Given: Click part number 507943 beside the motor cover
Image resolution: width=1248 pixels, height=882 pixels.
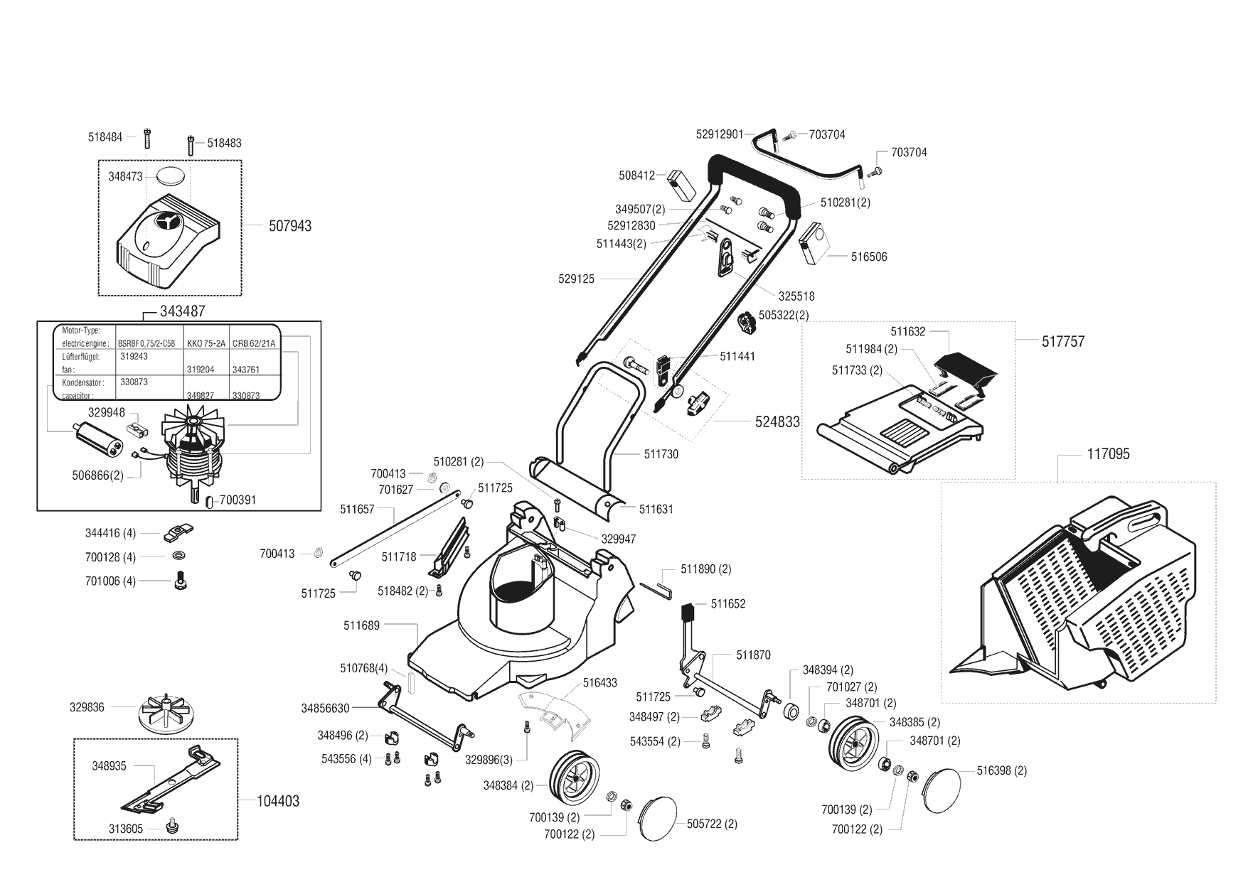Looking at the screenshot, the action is (x=290, y=226).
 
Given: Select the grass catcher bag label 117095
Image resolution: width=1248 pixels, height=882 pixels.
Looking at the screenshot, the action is (x=1108, y=453).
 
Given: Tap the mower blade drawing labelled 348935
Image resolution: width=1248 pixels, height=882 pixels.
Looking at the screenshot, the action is (x=172, y=780).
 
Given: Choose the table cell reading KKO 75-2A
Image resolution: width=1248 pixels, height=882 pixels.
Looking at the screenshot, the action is (x=206, y=343).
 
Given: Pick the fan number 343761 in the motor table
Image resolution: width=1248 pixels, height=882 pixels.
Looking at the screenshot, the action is (x=246, y=370).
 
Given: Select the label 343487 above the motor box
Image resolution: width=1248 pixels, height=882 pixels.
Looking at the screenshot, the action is (x=183, y=311).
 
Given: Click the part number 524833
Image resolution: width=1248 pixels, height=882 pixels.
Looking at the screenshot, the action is (x=777, y=421).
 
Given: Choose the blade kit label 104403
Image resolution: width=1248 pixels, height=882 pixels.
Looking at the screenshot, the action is (x=278, y=801).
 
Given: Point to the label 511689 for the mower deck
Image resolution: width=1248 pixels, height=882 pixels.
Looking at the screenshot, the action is (x=361, y=625).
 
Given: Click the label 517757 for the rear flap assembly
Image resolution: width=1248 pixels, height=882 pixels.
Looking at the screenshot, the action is (x=1063, y=341).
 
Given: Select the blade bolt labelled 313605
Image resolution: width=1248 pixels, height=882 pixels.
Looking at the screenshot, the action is (x=171, y=827).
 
